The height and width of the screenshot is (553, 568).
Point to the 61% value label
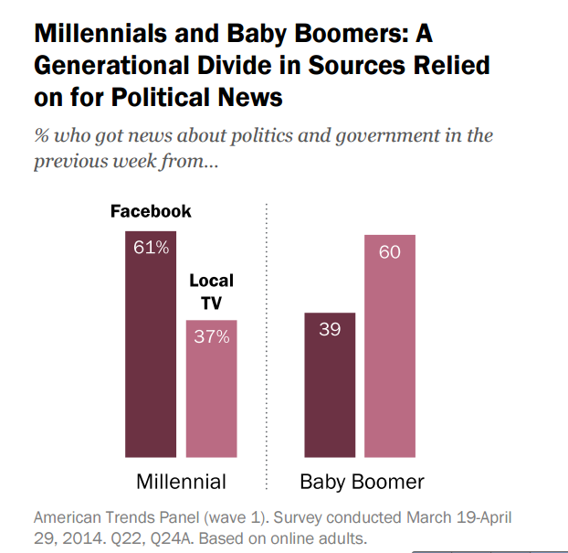point(151,248)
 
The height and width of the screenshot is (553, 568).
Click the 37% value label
point(211,336)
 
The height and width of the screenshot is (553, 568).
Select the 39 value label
point(329,329)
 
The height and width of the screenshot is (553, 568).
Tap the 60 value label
point(390,251)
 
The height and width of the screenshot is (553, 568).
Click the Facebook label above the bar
point(151,211)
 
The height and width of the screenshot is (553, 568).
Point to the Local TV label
point(211,292)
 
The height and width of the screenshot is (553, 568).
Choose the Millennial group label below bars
point(181,481)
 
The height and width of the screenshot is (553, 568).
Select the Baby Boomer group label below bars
point(362,481)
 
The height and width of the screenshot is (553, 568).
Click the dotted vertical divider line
point(266,347)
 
